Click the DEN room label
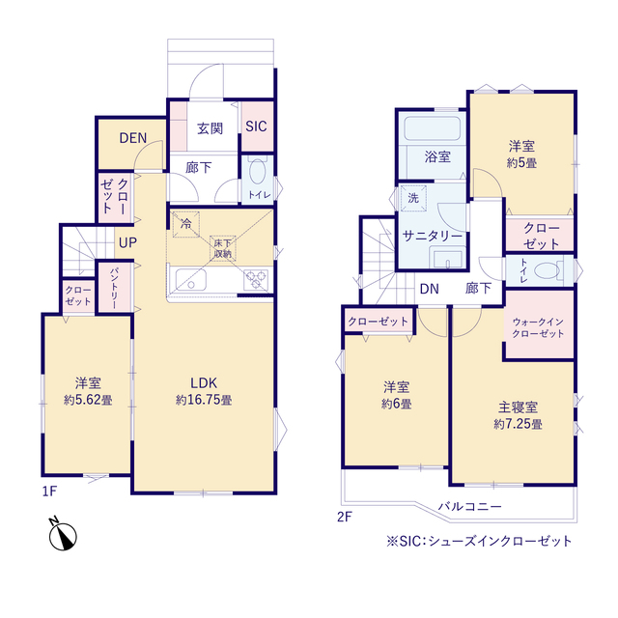click(x=132, y=137)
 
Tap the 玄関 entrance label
click(x=211, y=127)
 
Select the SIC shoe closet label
click(x=256, y=126)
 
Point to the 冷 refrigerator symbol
click(x=183, y=222)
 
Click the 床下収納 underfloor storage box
click(x=223, y=248)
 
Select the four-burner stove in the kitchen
click(x=256, y=280)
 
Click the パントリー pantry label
click(x=113, y=287)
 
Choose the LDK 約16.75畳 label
click(x=203, y=388)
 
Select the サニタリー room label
click(x=431, y=235)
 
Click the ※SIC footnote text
click(x=479, y=541)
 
